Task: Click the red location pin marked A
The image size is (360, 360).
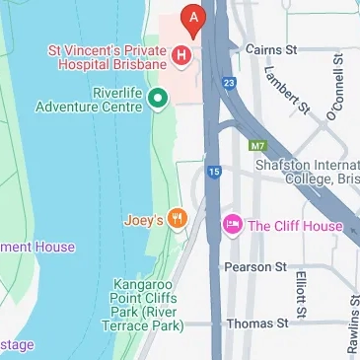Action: click(x=194, y=18)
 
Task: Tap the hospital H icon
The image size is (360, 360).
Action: click(x=180, y=56)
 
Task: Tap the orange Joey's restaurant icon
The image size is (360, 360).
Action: click(x=178, y=219)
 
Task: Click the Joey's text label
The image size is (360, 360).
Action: click(x=144, y=220)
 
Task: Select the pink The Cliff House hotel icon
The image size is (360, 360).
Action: click(x=233, y=225)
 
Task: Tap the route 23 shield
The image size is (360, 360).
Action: click(x=229, y=84)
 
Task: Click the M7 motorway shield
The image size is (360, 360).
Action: click(x=258, y=146)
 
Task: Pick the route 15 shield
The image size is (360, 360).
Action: click(x=214, y=173)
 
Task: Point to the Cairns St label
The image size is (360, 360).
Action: click(x=271, y=48)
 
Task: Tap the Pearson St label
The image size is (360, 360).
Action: click(x=255, y=266)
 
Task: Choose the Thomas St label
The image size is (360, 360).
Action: click(x=256, y=323)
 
